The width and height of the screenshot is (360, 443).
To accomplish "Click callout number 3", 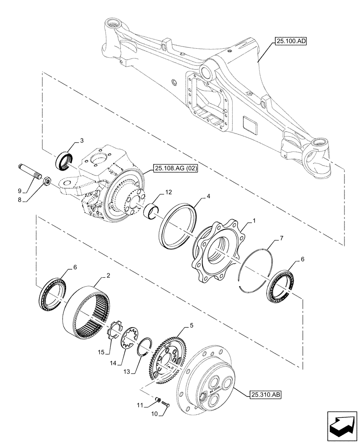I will pyautogui.click(x=82, y=141).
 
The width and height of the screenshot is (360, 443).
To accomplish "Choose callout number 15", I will pyautogui.click(x=102, y=352).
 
